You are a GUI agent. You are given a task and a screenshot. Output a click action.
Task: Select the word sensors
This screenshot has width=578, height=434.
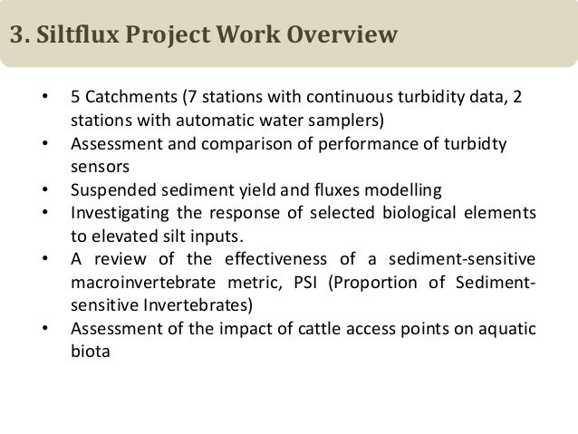coord(97,167)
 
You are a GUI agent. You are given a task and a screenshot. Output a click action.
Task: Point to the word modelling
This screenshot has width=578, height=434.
coord(402,190)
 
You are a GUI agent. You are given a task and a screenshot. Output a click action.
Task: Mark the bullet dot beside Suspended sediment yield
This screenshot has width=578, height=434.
coord(45,190)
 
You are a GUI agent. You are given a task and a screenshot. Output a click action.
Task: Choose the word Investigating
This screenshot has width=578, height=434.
coord(116,214)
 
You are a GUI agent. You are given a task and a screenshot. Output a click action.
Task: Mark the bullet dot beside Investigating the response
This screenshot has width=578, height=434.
coord(45,214)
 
